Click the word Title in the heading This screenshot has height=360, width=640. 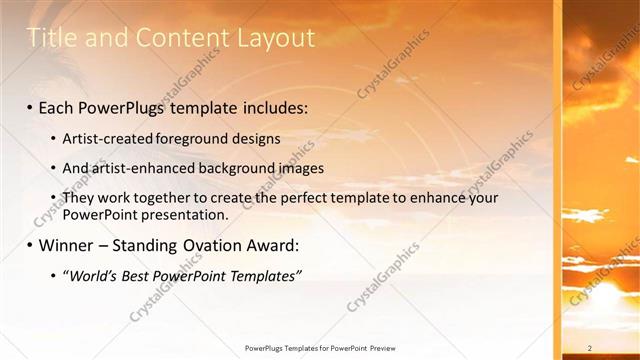click(x=48, y=39)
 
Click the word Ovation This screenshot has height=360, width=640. click(x=211, y=245)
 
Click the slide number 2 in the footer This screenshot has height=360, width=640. click(x=591, y=348)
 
